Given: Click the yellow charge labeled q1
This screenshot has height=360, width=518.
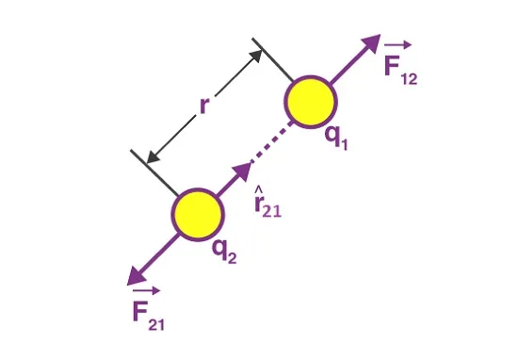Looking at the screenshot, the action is [311, 102].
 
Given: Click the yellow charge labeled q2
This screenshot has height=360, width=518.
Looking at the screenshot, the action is [198, 215].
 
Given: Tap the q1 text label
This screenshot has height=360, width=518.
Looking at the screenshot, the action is [336, 139].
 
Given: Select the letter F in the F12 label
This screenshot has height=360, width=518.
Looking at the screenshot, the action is [393, 65].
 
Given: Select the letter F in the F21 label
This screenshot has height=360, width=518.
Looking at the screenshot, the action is [139, 311].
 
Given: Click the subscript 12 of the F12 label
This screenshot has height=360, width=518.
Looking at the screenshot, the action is [410, 79].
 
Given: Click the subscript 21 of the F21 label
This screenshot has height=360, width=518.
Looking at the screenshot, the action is [156, 324].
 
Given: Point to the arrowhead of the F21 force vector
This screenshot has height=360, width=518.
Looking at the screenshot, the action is [137, 276].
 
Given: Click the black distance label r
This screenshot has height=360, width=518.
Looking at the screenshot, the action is [204, 106].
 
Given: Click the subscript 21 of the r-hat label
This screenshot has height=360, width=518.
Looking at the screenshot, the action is [272, 210].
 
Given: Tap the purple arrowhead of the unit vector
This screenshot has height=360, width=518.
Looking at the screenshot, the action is [242, 171].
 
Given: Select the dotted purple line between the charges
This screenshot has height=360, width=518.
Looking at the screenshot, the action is [272, 141].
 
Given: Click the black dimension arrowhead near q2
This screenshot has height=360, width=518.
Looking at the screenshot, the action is [153, 156].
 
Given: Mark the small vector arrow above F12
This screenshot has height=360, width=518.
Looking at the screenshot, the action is [398, 45].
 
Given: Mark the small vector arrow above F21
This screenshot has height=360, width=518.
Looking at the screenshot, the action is [146, 290].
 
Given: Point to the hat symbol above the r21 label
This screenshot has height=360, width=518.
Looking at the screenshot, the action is [258, 189].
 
